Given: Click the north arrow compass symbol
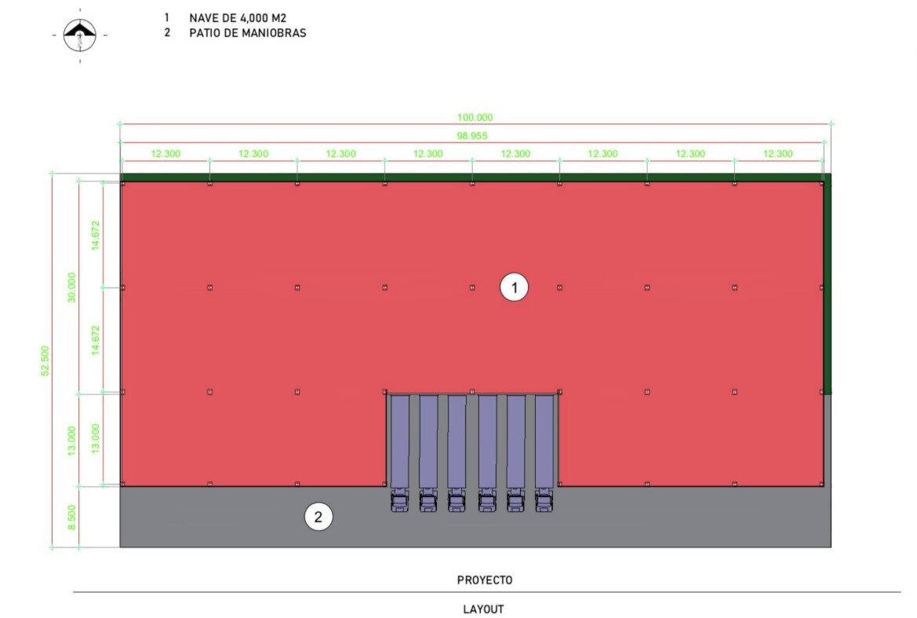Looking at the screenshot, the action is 79,35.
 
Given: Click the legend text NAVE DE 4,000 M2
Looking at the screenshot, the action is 238,18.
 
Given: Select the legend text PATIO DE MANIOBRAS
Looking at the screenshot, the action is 247,33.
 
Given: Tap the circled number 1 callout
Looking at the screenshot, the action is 514,287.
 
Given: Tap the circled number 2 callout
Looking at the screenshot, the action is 318,517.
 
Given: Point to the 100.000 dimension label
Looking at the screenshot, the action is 475,117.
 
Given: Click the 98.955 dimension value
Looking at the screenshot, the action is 472,136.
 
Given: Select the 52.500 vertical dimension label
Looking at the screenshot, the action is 45,360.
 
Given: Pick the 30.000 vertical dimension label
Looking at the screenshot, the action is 71,287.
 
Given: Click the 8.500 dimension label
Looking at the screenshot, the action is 71,517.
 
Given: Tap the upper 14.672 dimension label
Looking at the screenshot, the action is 96,236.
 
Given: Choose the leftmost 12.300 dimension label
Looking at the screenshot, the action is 166,154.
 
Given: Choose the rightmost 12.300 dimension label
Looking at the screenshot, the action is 778,154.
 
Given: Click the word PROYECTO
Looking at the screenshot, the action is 485,580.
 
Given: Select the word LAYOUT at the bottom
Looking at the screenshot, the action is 484,609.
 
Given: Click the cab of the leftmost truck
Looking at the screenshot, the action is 400,500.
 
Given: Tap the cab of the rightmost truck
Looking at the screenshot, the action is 544,500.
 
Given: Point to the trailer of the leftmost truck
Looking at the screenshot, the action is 400,441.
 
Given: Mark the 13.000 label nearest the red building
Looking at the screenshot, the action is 96,439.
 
